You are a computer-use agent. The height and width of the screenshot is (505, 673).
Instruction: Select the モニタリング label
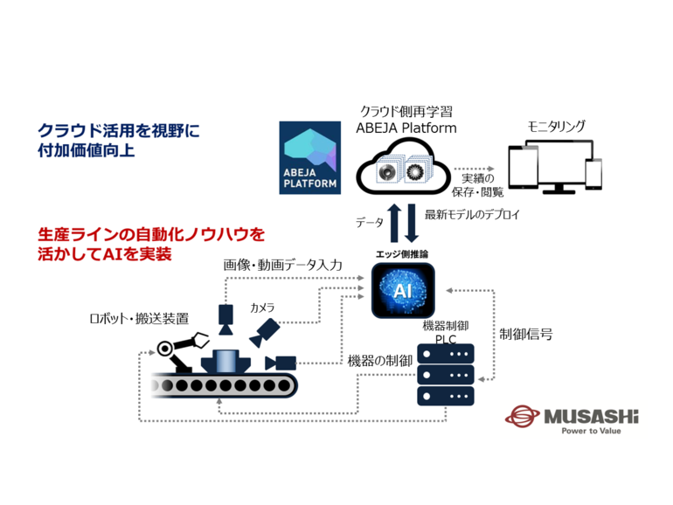point(556,128)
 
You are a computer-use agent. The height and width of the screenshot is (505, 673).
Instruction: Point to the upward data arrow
point(394,223)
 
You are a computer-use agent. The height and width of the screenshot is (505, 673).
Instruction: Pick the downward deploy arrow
point(412,223)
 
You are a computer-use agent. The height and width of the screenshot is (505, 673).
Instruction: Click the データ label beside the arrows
point(369,223)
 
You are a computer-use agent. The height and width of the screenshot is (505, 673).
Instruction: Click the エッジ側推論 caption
point(403,253)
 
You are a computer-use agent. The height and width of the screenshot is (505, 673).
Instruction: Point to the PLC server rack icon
point(446,375)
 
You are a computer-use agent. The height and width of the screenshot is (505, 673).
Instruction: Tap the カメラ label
point(262,308)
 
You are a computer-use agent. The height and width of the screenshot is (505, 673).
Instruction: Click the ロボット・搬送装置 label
point(139,318)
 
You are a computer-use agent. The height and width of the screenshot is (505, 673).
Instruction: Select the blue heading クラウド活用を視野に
point(118,130)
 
